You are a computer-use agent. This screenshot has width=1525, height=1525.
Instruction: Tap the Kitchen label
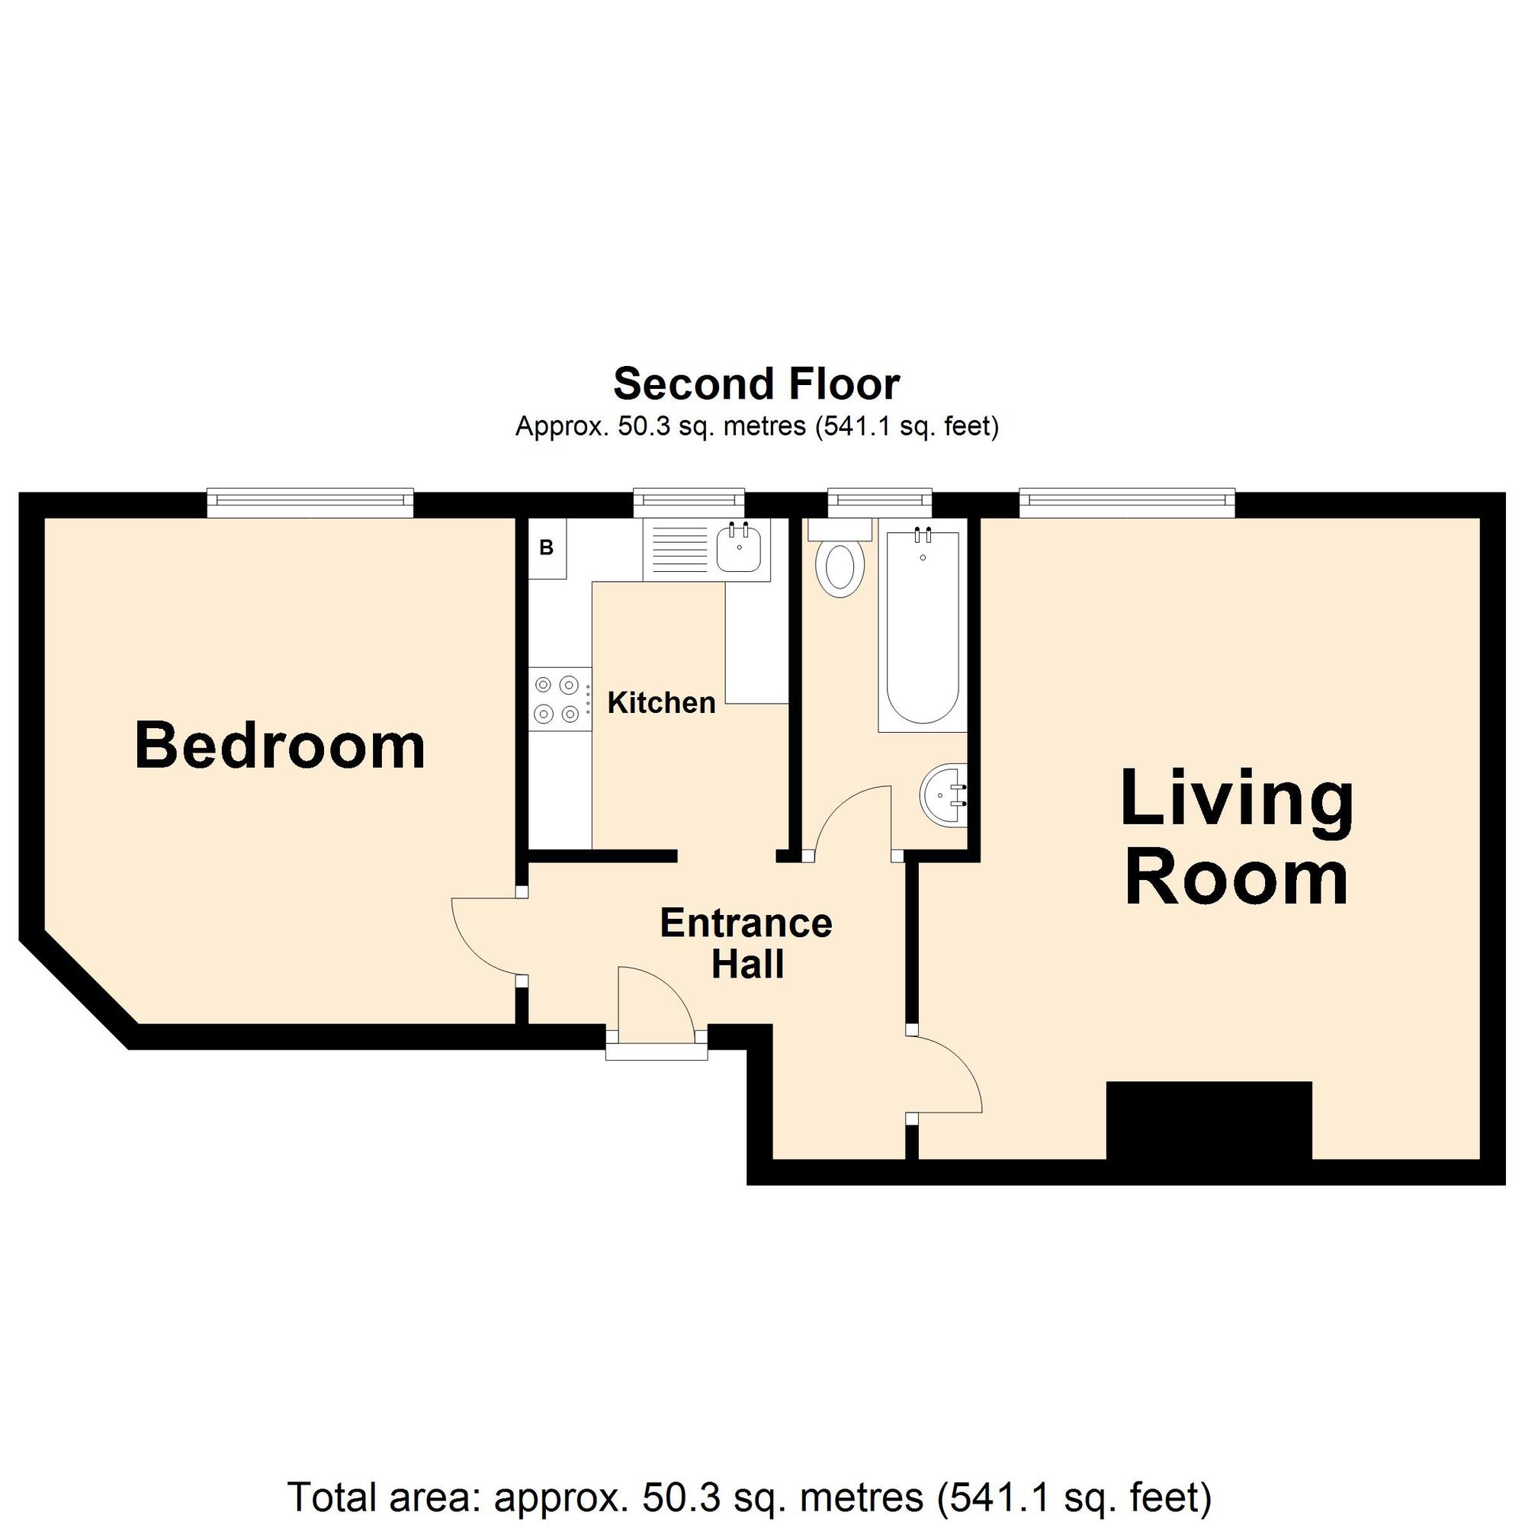661,702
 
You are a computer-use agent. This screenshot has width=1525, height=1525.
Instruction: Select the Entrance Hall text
746,944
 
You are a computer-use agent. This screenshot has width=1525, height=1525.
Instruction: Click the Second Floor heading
756,384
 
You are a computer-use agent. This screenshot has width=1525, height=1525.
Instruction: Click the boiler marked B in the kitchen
547,547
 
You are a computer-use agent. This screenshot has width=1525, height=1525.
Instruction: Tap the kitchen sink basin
739,547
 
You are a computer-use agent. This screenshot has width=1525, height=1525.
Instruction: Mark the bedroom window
310,502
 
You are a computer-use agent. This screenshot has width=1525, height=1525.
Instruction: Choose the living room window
1127,502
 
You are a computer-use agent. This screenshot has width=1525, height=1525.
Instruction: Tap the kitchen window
689,502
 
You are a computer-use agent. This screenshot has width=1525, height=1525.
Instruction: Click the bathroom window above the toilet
879,502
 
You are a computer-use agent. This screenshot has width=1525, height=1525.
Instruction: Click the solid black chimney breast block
1209,1121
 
